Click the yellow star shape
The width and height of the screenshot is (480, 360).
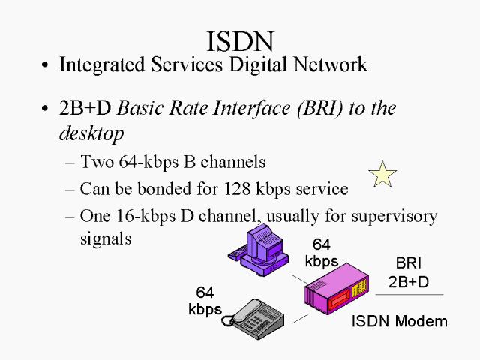click(x=382, y=175)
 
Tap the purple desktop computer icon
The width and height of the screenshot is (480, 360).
click(x=259, y=247)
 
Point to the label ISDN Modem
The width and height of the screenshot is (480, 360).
click(x=399, y=321)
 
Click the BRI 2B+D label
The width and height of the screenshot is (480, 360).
click(x=409, y=273)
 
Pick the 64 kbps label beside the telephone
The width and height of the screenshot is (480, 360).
click(x=205, y=301)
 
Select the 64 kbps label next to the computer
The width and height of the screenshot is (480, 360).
click(x=321, y=253)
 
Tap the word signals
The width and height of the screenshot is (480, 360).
click(x=106, y=238)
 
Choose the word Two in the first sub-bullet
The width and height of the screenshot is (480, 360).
click(x=95, y=161)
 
